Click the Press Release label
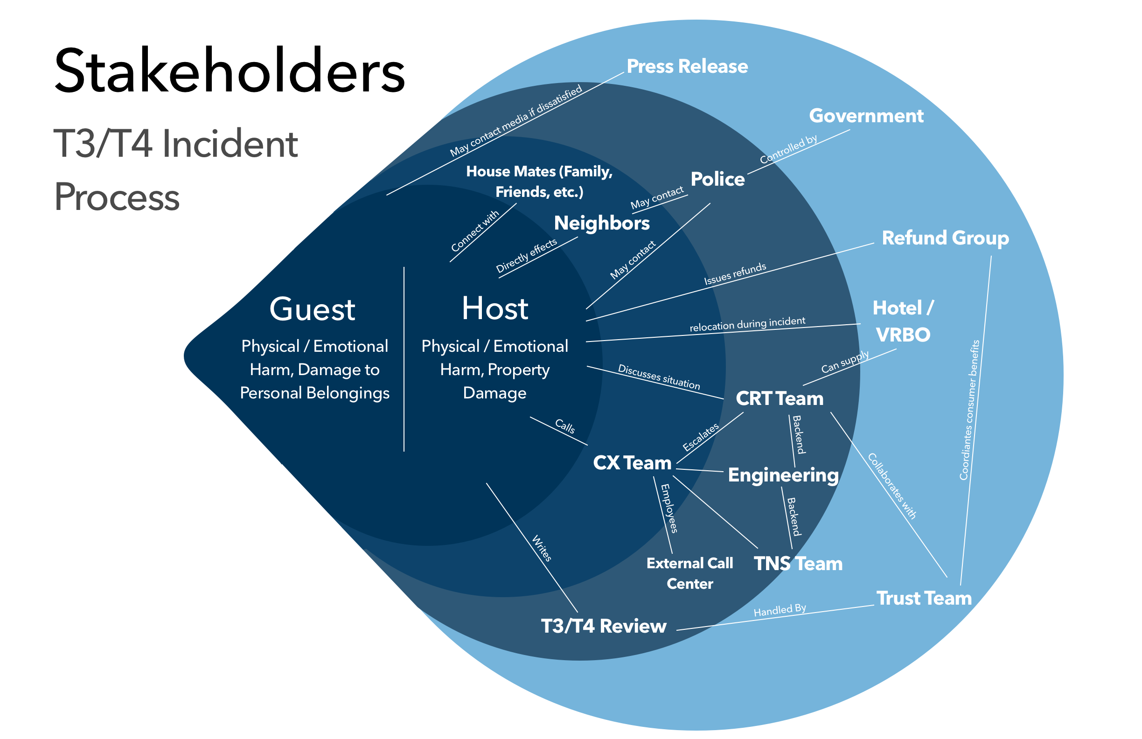pos(687,66)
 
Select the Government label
pos(866,116)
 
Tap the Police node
pos(717,179)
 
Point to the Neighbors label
pos(602,223)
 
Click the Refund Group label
pos(945,238)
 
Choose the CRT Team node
pos(779,398)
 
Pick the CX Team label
pos(632,463)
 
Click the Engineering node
pos(783,475)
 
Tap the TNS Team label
pos(798,564)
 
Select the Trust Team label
pos(924,599)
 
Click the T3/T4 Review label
pos(604,626)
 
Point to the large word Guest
pos(313,309)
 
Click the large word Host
pos(494,308)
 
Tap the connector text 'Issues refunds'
pos(735,274)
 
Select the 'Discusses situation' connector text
pos(659,376)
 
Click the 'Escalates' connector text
pos(701,437)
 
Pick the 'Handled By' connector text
pos(780,610)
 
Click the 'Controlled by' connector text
pos(788,149)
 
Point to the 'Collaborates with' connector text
pos(892,486)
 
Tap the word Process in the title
pos(117,197)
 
